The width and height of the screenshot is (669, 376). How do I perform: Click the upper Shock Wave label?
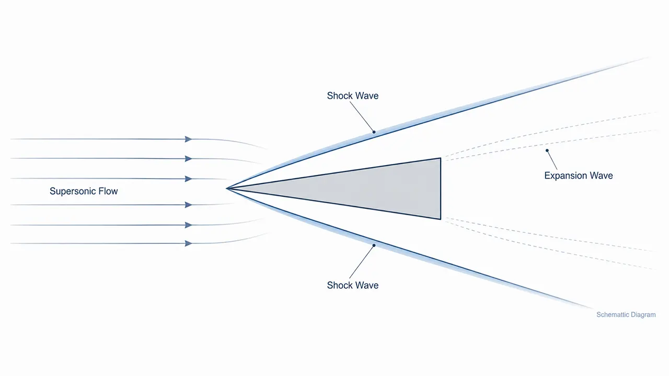coord(353,96)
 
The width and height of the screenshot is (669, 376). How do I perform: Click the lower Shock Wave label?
coord(353,285)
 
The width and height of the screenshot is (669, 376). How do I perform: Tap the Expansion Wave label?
coord(579,176)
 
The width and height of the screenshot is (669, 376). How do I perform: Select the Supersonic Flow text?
coord(84,191)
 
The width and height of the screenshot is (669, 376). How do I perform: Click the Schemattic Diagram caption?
coord(626,315)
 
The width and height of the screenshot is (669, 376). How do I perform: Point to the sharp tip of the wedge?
coord(227,189)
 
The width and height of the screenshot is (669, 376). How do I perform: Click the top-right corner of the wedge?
coord(441,158)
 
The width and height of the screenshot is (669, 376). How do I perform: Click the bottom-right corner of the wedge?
coord(441,219)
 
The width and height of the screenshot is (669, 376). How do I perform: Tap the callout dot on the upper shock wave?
coord(374,132)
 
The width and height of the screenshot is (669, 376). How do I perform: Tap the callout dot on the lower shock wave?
coord(374,245)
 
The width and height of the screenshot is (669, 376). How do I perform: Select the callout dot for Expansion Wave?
coord(547,150)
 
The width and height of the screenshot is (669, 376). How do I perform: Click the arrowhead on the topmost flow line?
coord(188,139)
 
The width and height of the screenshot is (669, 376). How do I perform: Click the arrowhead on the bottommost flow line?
coord(188,243)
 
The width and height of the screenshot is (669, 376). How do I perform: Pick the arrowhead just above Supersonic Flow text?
coord(188,179)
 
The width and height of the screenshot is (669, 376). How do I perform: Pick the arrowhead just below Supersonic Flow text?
coord(188,205)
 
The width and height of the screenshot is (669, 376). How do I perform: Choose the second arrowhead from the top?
coord(188,158)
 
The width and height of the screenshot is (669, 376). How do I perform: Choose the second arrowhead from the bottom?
coord(188,225)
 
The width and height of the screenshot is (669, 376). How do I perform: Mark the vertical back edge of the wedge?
coord(441,189)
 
